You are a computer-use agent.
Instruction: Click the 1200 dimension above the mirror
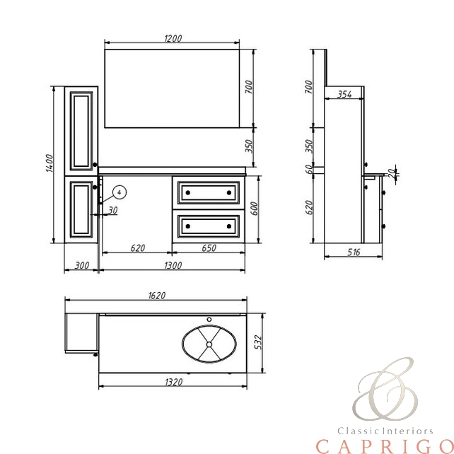point(173,38)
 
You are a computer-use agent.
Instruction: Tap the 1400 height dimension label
point(50,163)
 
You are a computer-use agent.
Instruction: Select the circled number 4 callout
point(120,192)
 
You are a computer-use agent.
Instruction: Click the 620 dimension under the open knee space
point(137,248)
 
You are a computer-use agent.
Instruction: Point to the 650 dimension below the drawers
point(209,248)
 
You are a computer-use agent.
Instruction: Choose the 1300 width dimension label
point(173,265)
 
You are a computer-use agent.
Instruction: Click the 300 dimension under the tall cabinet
point(82,265)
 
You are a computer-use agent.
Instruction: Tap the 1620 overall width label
point(157,296)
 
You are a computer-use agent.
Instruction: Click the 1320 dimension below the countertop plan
point(174,382)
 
